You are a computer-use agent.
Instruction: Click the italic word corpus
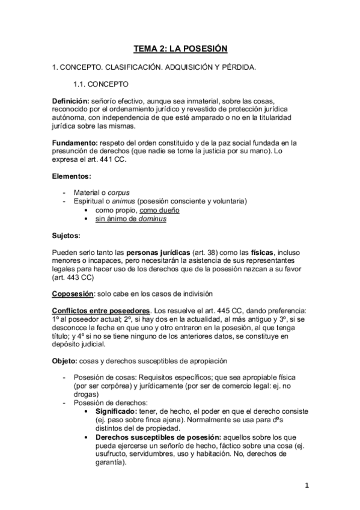[119, 192]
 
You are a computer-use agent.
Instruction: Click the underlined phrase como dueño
[159, 210]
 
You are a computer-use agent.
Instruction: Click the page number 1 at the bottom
[307, 485]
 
